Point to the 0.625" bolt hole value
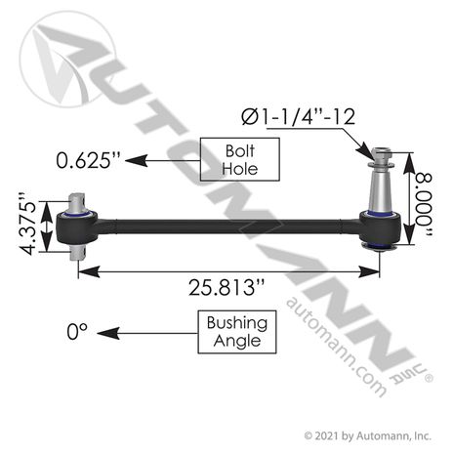[91, 158]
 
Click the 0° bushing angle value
[77, 332]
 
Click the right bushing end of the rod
[375, 238]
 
